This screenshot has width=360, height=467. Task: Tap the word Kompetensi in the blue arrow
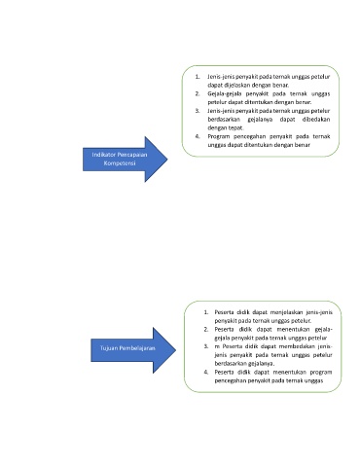point(120,163)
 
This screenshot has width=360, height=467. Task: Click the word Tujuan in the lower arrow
point(109,348)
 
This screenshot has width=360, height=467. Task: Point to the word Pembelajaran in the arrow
point(137,348)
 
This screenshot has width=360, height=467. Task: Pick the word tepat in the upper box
point(236,127)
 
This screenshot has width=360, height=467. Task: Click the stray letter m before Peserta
point(217,346)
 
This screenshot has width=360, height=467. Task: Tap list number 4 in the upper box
point(198,136)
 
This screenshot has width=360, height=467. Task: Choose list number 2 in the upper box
point(198,93)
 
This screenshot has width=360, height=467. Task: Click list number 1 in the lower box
point(206,312)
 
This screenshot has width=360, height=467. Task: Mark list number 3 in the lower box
point(206,346)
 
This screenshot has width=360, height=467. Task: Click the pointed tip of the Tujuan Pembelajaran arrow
point(176,350)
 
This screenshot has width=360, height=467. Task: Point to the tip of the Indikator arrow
point(167,160)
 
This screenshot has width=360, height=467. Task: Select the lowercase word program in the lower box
point(321,372)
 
